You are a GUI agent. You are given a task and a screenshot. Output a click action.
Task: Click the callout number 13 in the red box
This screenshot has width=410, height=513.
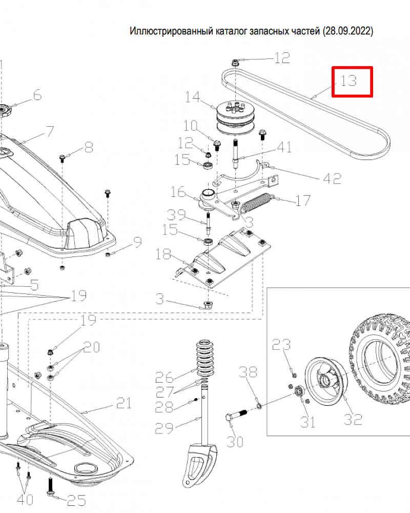[x=348, y=81]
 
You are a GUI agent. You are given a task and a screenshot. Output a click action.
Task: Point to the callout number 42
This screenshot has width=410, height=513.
[x=332, y=178]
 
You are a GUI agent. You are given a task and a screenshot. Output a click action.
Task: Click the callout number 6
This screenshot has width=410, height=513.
[x=37, y=95]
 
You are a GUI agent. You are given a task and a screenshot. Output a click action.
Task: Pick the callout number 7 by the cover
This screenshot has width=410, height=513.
[x=50, y=131]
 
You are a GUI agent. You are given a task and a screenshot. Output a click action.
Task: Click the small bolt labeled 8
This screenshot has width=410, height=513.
[x=63, y=157]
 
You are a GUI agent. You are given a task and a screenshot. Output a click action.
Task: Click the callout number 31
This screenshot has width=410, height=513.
[x=308, y=422]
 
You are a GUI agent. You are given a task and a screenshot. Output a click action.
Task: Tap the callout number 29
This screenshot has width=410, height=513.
[x=165, y=427]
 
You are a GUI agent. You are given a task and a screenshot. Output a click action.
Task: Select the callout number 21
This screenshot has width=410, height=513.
[x=123, y=403]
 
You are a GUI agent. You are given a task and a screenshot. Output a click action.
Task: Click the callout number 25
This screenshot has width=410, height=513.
[x=76, y=501]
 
